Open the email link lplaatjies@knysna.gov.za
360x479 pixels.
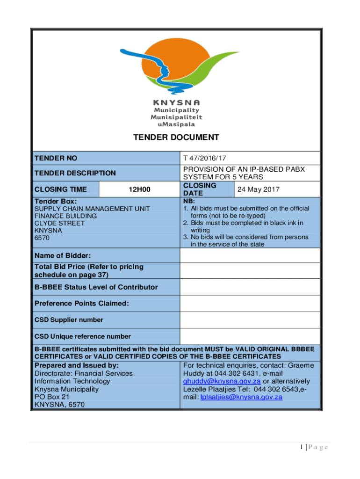tap(241, 397)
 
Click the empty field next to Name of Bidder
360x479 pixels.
tap(250, 255)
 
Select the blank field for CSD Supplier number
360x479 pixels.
tap(250, 320)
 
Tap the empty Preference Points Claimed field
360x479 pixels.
tap(250, 304)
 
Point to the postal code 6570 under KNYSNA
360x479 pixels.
tap(42, 238)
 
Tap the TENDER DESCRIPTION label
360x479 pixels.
tap(75, 173)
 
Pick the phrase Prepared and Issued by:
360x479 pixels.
tap(76, 365)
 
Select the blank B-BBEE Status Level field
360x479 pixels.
tap(250, 287)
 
